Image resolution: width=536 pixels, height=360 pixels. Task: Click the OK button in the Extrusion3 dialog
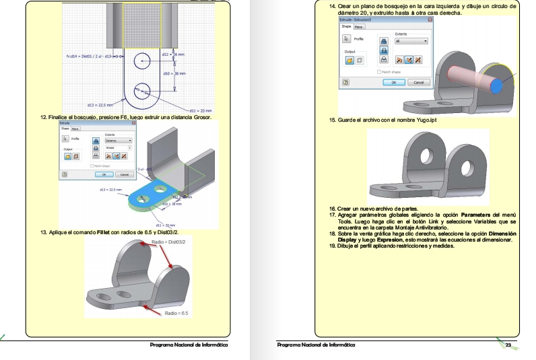(394, 82)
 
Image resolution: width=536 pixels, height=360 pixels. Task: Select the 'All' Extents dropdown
(411, 41)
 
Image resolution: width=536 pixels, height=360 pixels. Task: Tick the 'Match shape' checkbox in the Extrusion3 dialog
(378, 71)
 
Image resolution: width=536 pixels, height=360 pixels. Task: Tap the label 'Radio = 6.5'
(176, 314)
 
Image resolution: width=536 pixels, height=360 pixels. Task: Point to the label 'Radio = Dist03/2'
(169, 240)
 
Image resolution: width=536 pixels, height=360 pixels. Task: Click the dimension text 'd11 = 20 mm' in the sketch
(200, 110)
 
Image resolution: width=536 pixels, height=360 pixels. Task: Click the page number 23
(508, 345)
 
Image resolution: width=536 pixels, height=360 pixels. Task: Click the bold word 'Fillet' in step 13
(97, 232)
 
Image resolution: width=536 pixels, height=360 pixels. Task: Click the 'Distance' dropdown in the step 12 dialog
(117, 141)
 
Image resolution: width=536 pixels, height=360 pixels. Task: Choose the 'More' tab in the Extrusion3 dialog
(359, 27)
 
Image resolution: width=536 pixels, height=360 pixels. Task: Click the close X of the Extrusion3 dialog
(429, 21)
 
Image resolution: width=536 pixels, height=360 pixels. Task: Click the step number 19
(332, 245)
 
